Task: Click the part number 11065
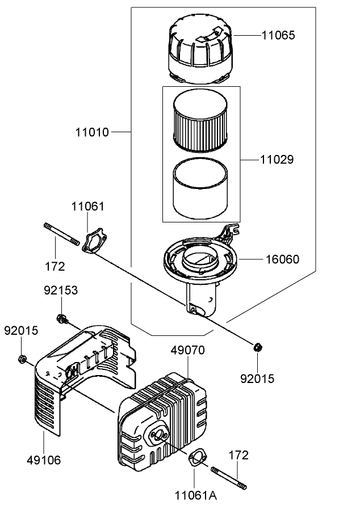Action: pyautogui.click(x=278, y=35)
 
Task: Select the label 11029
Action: pyautogui.click(x=278, y=160)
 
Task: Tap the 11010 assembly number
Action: pyautogui.click(x=92, y=132)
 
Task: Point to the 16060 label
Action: pyautogui.click(x=282, y=259)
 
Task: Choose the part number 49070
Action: pyautogui.click(x=187, y=350)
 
